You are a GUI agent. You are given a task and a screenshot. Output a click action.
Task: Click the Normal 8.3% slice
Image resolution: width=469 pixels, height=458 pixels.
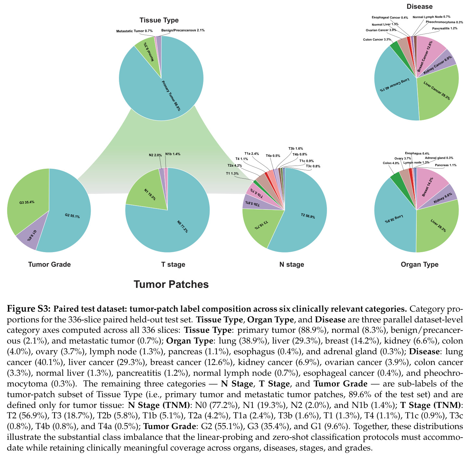pos(148,52)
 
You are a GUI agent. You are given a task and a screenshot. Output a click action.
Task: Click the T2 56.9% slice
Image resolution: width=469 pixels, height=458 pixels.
pos(306,215)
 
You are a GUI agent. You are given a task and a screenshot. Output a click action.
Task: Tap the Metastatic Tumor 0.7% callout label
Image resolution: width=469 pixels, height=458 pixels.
pos(134,31)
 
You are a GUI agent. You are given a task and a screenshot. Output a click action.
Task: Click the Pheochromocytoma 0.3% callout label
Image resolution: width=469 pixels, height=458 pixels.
pos(444,22)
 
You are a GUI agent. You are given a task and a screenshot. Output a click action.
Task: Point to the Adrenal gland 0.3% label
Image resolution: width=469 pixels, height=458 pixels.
pos(439,158)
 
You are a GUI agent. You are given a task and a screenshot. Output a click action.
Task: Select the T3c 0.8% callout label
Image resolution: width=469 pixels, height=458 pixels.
pos(313,166)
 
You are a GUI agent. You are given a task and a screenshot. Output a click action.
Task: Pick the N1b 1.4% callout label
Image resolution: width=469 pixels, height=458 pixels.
pos(173,154)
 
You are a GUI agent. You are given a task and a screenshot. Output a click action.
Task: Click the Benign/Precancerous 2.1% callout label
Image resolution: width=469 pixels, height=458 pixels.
pos(183,30)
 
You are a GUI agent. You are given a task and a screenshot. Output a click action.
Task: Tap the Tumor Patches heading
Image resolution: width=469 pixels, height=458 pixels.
pos(171,284)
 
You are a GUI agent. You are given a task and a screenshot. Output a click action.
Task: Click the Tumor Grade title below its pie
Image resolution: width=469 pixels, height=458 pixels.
pos(49,264)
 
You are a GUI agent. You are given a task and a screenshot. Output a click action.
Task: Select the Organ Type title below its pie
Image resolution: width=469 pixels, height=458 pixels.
pos(420,264)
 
